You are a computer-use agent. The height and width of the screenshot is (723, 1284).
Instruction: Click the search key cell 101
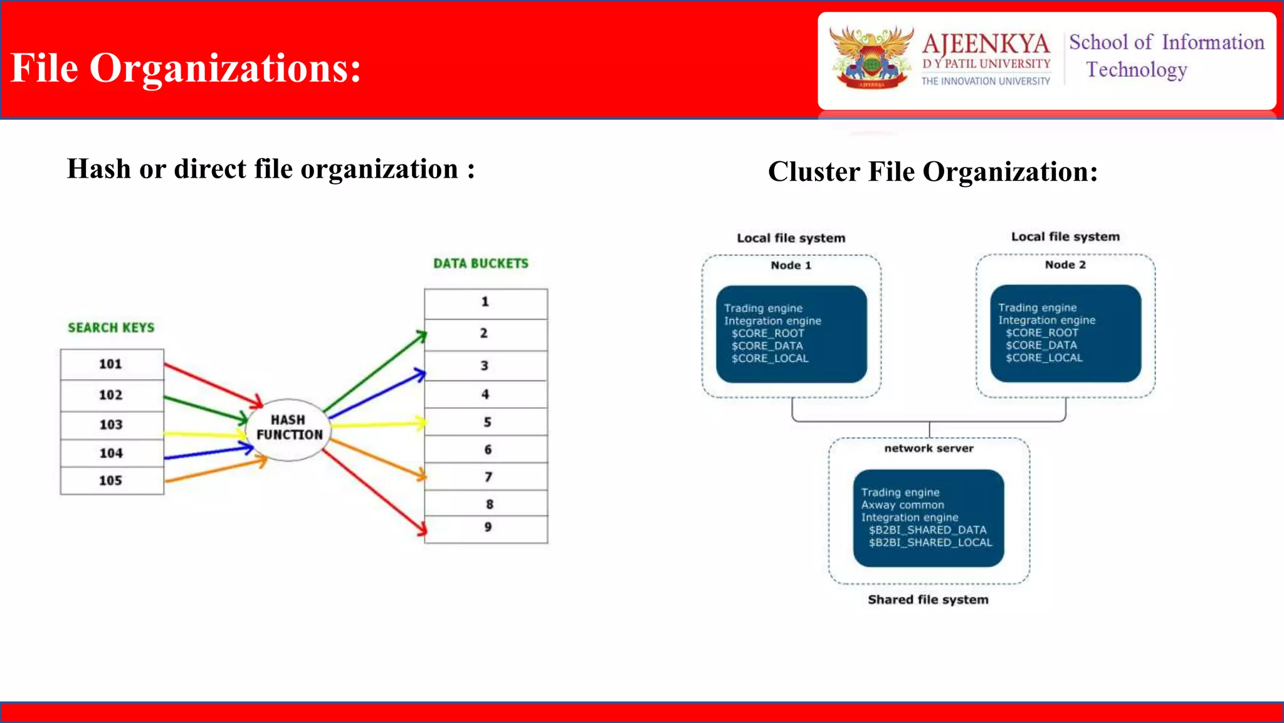(x=112, y=364)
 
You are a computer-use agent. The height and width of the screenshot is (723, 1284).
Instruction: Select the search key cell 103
(x=112, y=425)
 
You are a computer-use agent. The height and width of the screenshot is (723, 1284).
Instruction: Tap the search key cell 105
(x=112, y=481)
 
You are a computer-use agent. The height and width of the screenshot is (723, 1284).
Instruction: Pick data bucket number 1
(x=485, y=303)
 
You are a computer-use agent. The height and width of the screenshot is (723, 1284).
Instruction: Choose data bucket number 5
(x=487, y=422)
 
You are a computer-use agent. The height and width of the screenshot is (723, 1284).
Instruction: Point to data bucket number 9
(x=487, y=528)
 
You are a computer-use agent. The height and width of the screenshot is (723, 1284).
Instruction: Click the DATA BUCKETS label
(x=481, y=264)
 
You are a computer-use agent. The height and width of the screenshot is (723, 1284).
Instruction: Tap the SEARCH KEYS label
(x=111, y=328)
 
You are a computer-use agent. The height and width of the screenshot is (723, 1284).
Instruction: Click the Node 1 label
(x=791, y=265)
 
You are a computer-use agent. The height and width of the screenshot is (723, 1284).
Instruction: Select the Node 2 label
(x=1065, y=265)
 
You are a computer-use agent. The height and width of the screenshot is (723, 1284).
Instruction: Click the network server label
(x=929, y=448)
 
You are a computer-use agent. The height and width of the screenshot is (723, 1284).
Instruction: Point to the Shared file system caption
(x=928, y=599)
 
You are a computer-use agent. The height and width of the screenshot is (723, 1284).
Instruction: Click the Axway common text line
(x=902, y=505)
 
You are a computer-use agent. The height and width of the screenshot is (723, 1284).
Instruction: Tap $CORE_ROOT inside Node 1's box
(x=767, y=333)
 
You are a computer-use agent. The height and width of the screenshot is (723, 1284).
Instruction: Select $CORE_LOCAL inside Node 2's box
(x=1044, y=358)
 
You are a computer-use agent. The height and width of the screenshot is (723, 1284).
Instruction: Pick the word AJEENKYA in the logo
(x=986, y=44)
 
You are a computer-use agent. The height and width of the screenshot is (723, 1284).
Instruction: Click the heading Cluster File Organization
(x=933, y=172)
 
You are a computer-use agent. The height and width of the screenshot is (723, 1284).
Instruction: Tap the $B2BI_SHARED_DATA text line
(x=927, y=530)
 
